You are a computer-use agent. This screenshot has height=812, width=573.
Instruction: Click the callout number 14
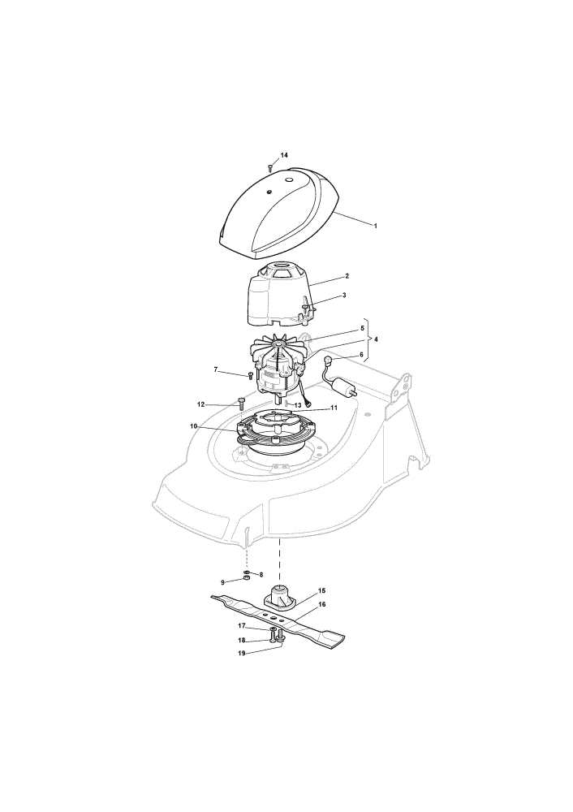click(284, 155)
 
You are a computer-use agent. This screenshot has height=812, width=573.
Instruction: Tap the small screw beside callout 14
click(269, 167)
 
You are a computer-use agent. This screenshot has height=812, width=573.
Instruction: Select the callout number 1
click(375, 226)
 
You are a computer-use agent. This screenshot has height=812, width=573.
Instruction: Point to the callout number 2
click(347, 276)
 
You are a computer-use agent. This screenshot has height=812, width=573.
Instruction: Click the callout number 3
click(344, 296)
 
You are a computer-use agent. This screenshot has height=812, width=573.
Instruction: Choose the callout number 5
click(362, 328)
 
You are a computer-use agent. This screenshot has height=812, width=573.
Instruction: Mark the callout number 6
click(362, 356)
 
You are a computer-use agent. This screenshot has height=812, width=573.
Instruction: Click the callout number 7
click(216, 369)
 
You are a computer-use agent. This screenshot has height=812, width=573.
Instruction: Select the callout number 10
click(194, 426)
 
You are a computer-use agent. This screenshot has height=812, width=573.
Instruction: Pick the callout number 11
click(334, 408)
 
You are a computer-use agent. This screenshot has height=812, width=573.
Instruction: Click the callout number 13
click(298, 404)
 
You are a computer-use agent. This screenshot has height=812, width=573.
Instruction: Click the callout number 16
click(322, 604)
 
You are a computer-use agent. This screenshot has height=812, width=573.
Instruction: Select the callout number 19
click(241, 654)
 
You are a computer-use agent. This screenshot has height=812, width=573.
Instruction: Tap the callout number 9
click(222, 582)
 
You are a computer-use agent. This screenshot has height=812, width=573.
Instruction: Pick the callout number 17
click(241, 625)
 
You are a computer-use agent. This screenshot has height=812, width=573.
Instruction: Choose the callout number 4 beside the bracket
click(376, 339)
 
